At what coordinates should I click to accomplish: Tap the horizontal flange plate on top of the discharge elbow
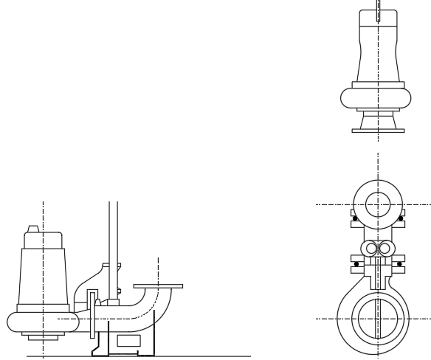[x=159, y=285]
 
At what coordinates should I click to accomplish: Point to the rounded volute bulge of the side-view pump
[x=15, y=322]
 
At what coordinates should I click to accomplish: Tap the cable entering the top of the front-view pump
[x=378, y=9]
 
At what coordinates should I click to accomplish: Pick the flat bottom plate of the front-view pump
[x=378, y=131]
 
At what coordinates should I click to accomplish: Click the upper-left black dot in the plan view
[x=355, y=218]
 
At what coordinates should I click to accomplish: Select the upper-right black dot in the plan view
[x=401, y=218]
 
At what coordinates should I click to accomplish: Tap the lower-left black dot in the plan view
[x=355, y=263]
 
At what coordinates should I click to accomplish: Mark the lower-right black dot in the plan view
[x=401, y=263]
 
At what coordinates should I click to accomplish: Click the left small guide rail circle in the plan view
[x=371, y=249]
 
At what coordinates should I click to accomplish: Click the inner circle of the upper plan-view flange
[x=378, y=203]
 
